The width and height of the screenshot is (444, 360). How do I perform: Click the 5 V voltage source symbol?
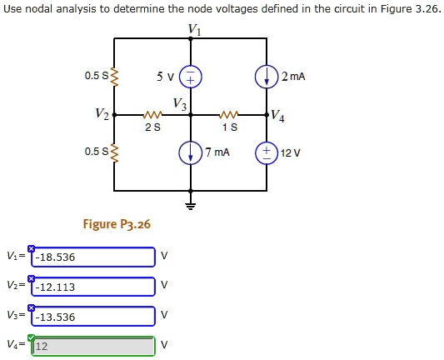[x=191, y=77]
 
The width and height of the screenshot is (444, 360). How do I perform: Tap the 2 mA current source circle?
[x=267, y=77]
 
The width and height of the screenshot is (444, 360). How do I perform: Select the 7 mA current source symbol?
[x=191, y=153]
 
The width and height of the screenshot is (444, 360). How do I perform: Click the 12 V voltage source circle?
[x=267, y=153]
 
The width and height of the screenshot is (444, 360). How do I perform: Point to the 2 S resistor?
[x=152, y=115]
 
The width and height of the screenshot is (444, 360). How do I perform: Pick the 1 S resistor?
[x=229, y=115]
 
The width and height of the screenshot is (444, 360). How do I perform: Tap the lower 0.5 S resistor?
[x=114, y=152]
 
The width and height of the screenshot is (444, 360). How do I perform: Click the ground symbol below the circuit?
[x=191, y=205]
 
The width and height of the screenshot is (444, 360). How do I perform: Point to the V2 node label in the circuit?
[x=102, y=112]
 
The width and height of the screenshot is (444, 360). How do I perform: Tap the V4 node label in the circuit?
[x=279, y=117]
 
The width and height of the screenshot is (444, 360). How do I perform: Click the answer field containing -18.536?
[x=93, y=257]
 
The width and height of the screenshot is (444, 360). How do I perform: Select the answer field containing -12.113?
[x=93, y=287]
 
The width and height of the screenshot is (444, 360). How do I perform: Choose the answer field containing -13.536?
[x=93, y=317]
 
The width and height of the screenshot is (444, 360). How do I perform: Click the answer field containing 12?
[x=93, y=346]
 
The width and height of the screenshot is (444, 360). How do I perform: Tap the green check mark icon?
[x=31, y=337]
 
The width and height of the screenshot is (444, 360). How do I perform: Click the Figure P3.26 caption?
[x=117, y=224]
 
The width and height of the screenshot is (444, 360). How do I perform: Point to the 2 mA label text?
[x=293, y=77]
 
